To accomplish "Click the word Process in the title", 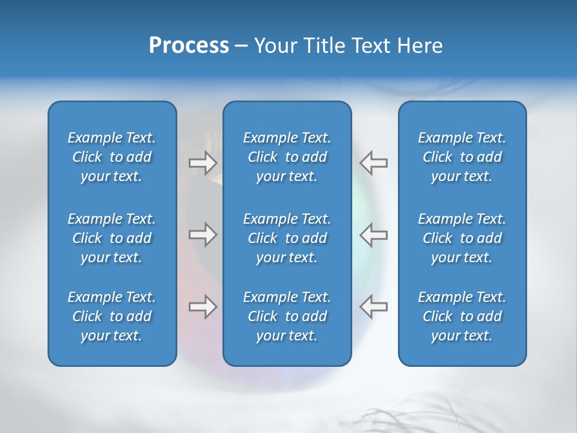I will tap(189, 45).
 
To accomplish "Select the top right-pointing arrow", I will tap(203, 163).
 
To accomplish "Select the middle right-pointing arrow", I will tap(203, 235).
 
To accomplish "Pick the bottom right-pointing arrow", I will tap(203, 306).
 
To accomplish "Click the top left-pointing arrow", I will tap(373, 163).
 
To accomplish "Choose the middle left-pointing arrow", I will tap(373, 235).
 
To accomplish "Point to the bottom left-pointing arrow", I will tap(373, 306).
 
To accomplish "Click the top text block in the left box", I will tap(112, 157).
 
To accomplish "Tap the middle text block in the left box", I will tap(112, 238).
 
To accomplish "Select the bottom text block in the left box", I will tap(112, 316).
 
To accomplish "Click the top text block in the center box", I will tap(287, 157).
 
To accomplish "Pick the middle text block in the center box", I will tap(287, 238).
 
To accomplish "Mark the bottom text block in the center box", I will tap(287, 316).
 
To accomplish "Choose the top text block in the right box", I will tap(462, 157).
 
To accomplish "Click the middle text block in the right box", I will tap(462, 238).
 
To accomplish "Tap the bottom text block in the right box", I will tap(462, 316).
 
